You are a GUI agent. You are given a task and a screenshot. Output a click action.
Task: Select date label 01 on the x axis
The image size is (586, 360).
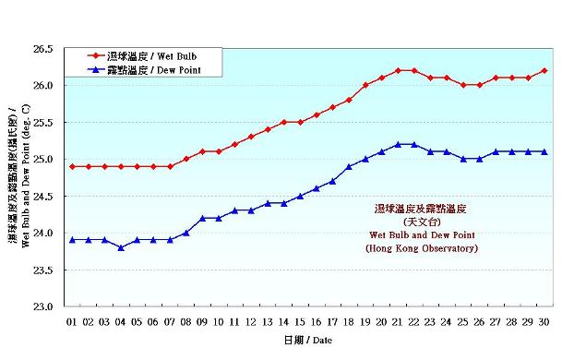click(x=72, y=321)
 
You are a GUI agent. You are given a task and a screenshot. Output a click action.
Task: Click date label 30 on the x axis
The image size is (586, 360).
click(x=544, y=321)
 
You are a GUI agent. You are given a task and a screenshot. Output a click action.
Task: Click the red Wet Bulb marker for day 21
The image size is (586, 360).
click(x=398, y=70)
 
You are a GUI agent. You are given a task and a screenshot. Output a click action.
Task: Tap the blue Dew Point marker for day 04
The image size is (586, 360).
click(x=121, y=247)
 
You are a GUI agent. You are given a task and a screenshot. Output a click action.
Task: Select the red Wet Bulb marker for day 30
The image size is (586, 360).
click(x=544, y=70)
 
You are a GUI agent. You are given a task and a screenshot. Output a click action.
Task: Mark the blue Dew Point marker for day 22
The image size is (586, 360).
click(x=414, y=144)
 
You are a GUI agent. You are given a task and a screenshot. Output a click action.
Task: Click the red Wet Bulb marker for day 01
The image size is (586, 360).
click(x=72, y=166)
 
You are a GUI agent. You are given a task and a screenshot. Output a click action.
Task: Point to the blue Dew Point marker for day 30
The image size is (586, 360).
click(x=544, y=151)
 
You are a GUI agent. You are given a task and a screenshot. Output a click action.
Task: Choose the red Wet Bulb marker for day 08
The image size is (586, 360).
click(x=186, y=159)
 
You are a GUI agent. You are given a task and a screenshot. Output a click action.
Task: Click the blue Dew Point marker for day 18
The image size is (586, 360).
click(x=349, y=166)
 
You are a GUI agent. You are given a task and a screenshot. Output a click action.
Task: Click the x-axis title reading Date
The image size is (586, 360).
click(x=307, y=340)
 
